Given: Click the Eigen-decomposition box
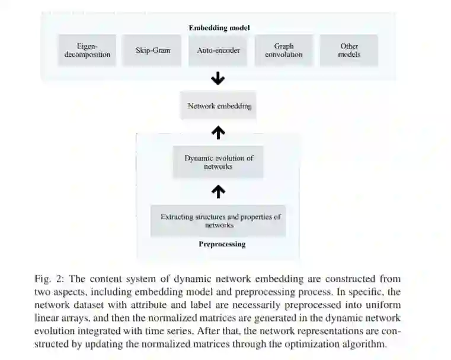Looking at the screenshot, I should (87, 50).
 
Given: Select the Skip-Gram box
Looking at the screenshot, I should (152, 50).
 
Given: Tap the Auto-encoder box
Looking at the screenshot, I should (218, 50).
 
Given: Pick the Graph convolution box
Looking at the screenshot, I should (283, 50).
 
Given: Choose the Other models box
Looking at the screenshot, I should (349, 50).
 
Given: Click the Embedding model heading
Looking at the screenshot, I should (219, 28).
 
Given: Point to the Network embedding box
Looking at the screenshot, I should (219, 107).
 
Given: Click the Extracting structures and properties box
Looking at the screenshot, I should (220, 221).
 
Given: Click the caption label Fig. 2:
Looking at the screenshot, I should (49, 279).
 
